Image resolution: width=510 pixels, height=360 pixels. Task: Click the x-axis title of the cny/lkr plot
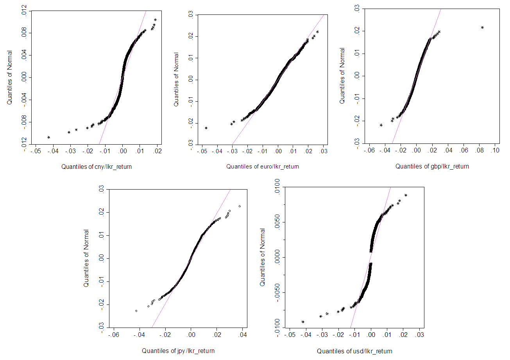pyautogui.click(x=97, y=167)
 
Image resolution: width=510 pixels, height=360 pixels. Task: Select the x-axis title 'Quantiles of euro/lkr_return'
pyautogui.click(x=263, y=167)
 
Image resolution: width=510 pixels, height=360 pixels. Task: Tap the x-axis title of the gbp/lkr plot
pyautogui.click(x=432, y=166)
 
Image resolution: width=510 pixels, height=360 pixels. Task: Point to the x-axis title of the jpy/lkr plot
pyautogui.click(x=178, y=351)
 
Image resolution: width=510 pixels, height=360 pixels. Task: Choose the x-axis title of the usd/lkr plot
pyautogui.click(x=354, y=351)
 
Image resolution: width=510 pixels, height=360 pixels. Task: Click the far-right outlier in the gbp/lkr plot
pyautogui.click(x=482, y=27)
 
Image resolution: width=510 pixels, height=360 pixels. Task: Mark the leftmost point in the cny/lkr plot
pyautogui.click(x=48, y=137)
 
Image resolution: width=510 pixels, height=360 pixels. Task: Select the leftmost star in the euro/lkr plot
pyautogui.click(x=206, y=128)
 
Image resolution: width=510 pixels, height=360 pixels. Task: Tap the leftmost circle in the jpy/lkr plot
pyautogui.click(x=136, y=311)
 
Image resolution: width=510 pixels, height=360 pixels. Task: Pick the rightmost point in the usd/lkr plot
pyautogui.click(x=406, y=195)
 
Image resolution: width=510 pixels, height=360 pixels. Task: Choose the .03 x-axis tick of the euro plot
pyautogui.click(x=324, y=151)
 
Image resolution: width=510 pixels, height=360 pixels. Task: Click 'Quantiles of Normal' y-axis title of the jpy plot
pyautogui.click(x=86, y=258)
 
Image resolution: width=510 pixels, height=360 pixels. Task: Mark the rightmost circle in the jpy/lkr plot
pyautogui.click(x=240, y=206)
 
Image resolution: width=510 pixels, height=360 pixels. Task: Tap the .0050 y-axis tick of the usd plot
pyautogui.click(x=277, y=222)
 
